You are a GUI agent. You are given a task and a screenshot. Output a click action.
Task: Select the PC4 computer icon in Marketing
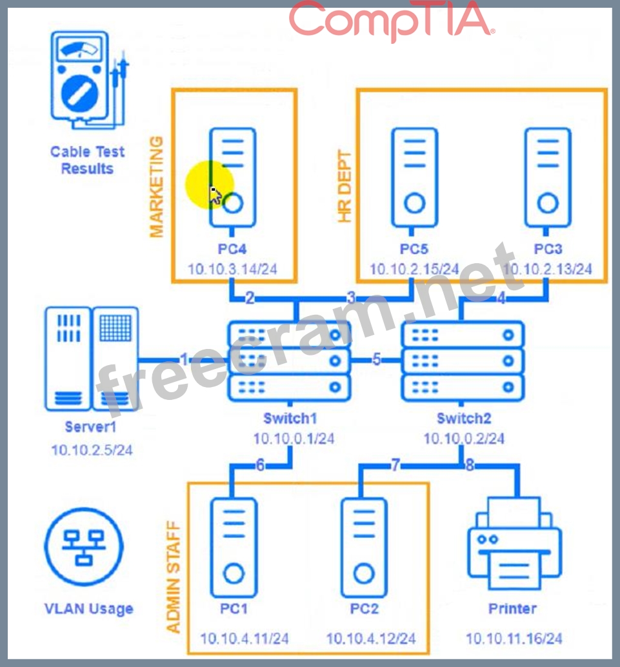pyautogui.click(x=232, y=177)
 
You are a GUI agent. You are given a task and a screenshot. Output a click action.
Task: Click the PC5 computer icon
pyautogui.click(x=414, y=177)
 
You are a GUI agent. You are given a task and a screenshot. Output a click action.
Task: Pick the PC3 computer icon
pyautogui.click(x=547, y=177)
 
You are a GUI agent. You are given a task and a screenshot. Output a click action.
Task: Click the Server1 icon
pyautogui.click(x=92, y=359)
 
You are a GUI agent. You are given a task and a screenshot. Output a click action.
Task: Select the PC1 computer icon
pyautogui.click(x=233, y=547)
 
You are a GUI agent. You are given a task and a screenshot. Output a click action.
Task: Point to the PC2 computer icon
pyautogui.click(x=365, y=547)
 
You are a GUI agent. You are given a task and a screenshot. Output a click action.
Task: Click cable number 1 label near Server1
pyautogui.click(x=185, y=360)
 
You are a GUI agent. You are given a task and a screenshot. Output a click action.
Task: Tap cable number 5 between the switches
pyautogui.click(x=377, y=360)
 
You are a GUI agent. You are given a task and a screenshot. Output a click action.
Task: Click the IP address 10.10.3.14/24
pyautogui.click(x=232, y=268)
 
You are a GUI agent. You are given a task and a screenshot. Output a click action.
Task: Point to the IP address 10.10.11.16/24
pyautogui.click(x=514, y=638)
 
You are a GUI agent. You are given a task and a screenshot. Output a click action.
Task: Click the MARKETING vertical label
pyautogui.click(x=156, y=186)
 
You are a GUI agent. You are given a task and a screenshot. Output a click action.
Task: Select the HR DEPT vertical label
pyautogui.click(x=345, y=187)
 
